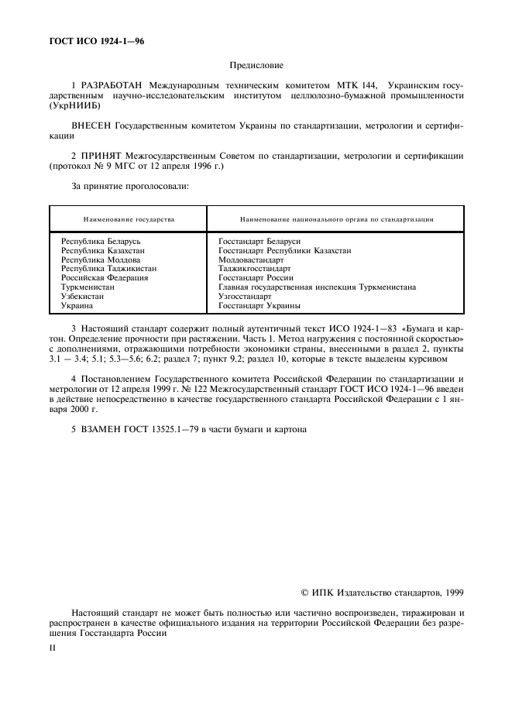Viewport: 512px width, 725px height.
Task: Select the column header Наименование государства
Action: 129,219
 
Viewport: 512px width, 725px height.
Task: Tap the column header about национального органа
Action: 336,219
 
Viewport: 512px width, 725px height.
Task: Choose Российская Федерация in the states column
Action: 105,277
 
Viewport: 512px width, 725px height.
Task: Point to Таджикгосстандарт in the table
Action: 255,269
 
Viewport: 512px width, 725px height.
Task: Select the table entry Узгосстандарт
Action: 245,296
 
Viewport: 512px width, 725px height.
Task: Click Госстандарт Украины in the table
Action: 256,305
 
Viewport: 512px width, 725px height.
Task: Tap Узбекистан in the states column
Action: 84,296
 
